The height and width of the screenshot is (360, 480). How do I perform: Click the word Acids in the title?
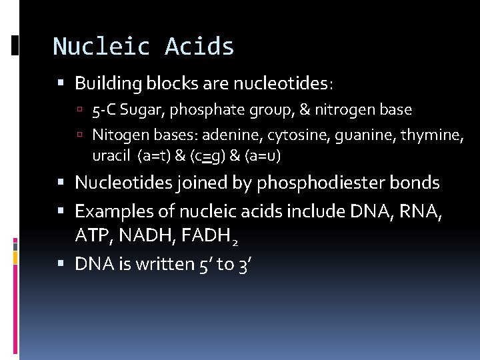[x=200, y=47]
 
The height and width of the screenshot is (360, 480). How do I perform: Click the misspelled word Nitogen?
[x=116, y=136]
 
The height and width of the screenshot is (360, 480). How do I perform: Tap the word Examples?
[x=109, y=212]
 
